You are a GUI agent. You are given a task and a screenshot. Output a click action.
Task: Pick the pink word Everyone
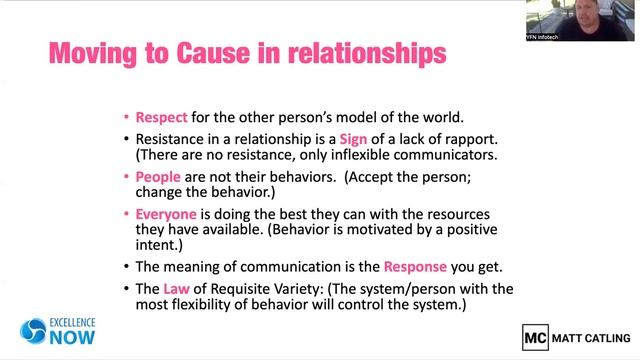166,214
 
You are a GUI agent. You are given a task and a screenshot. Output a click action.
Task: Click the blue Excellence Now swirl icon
33,332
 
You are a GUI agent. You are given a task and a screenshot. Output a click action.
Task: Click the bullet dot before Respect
125,116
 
